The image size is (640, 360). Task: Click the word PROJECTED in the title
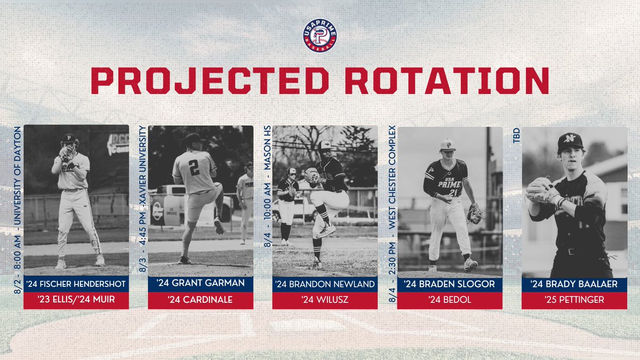pyautogui.click(x=204, y=81)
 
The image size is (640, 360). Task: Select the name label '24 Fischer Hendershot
pyautogui.click(x=76, y=284)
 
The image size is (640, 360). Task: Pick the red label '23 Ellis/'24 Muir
pyautogui.click(x=76, y=300)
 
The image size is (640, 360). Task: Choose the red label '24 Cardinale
pyautogui.click(x=201, y=300)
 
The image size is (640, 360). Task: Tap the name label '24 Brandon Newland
pyautogui.click(x=325, y=284)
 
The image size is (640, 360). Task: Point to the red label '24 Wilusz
pyautogui.click(x=325, y=300)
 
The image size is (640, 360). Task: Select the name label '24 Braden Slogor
pyautogui.click(x=450, y=284)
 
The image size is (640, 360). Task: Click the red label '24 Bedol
pyautogui.click(x=450, y=300)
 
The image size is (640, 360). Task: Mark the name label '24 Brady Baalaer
pyautogui.click(x=574, y=284)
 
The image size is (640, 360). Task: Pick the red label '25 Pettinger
pyautogui.click(x=574, y=300)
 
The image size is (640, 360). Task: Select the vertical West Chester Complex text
pyautogui.click(x=391, y=176)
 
